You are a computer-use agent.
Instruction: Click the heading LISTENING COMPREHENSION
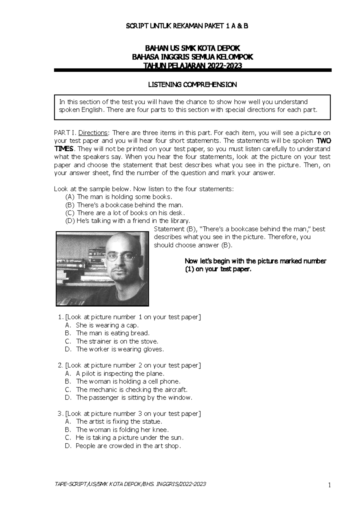[x=192, y=85]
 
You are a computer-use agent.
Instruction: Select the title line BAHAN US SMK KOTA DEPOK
[x=192, y=48]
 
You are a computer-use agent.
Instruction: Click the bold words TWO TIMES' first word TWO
[x=324, y=141]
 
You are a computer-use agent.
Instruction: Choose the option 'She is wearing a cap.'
[x=107, y=325]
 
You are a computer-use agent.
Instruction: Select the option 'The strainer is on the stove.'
[x=117, y=341]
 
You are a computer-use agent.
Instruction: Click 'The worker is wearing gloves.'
[x=120, y=349]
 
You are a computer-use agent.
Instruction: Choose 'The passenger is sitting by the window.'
[x=134, y=398]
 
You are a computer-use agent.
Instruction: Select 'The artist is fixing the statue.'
[x=119, y=422]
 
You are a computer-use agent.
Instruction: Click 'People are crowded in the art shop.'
[x=128, y=446]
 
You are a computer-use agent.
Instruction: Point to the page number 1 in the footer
[x=329, y=485]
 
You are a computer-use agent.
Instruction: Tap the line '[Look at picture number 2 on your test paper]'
[x=133, y=365]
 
